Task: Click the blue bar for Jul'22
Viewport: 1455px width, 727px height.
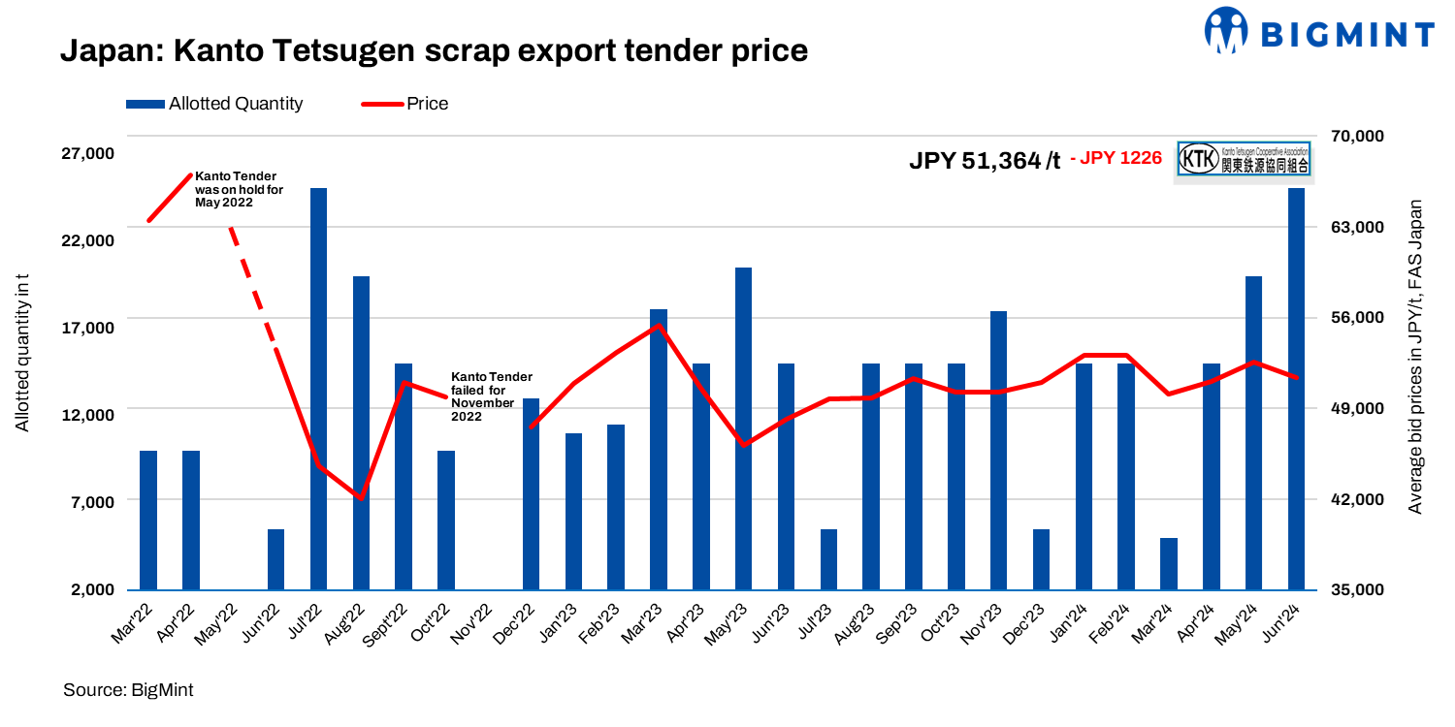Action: tap(318, 388)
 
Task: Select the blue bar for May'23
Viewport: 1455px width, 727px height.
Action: tap(743, 427)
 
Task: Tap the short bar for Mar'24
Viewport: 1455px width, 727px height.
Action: tap(1168, 563)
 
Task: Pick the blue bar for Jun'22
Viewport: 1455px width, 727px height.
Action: tap(275, 559)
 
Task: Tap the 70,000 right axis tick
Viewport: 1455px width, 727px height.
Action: tap(1342, 136)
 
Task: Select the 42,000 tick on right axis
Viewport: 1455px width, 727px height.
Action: tap(1342, 499)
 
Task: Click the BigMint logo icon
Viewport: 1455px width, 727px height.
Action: tap(1226, 30)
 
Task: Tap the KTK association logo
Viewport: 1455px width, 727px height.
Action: tap(1244, 160)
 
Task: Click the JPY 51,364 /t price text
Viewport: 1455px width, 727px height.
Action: tap(984, 160)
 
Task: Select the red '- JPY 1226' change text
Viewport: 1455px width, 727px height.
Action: tap(1115, 158)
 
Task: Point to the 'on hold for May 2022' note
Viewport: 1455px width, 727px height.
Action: tap(239, 189)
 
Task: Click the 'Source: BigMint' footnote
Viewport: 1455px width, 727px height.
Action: tap(128, 690)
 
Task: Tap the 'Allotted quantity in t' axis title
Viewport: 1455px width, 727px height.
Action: tap(22, 353)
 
